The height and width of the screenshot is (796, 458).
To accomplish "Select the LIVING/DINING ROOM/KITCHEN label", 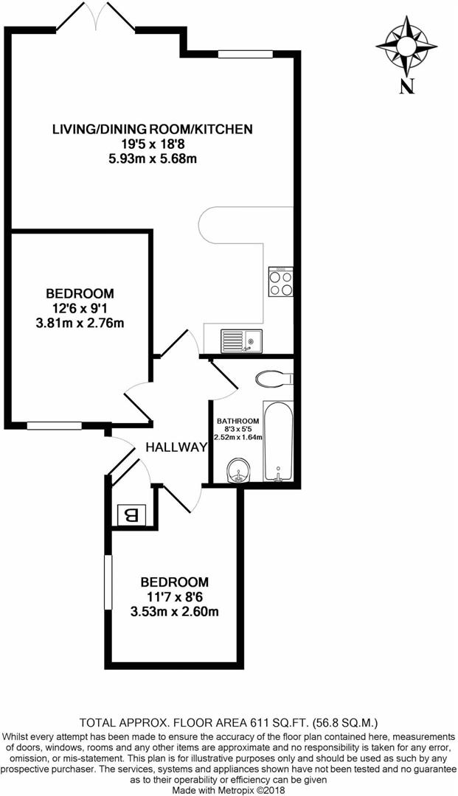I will click(153, 130).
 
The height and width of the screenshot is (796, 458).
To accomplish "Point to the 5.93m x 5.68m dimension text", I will click(153, 158).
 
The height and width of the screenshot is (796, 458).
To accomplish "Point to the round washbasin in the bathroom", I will click(237, 469).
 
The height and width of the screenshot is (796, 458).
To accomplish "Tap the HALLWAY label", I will click(176, 447).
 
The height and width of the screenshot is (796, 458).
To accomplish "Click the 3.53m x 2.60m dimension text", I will click(175, 612).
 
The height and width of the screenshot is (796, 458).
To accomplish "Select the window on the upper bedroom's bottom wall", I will click(55, 425).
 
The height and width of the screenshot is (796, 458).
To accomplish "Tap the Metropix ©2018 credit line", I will click(229, 789).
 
